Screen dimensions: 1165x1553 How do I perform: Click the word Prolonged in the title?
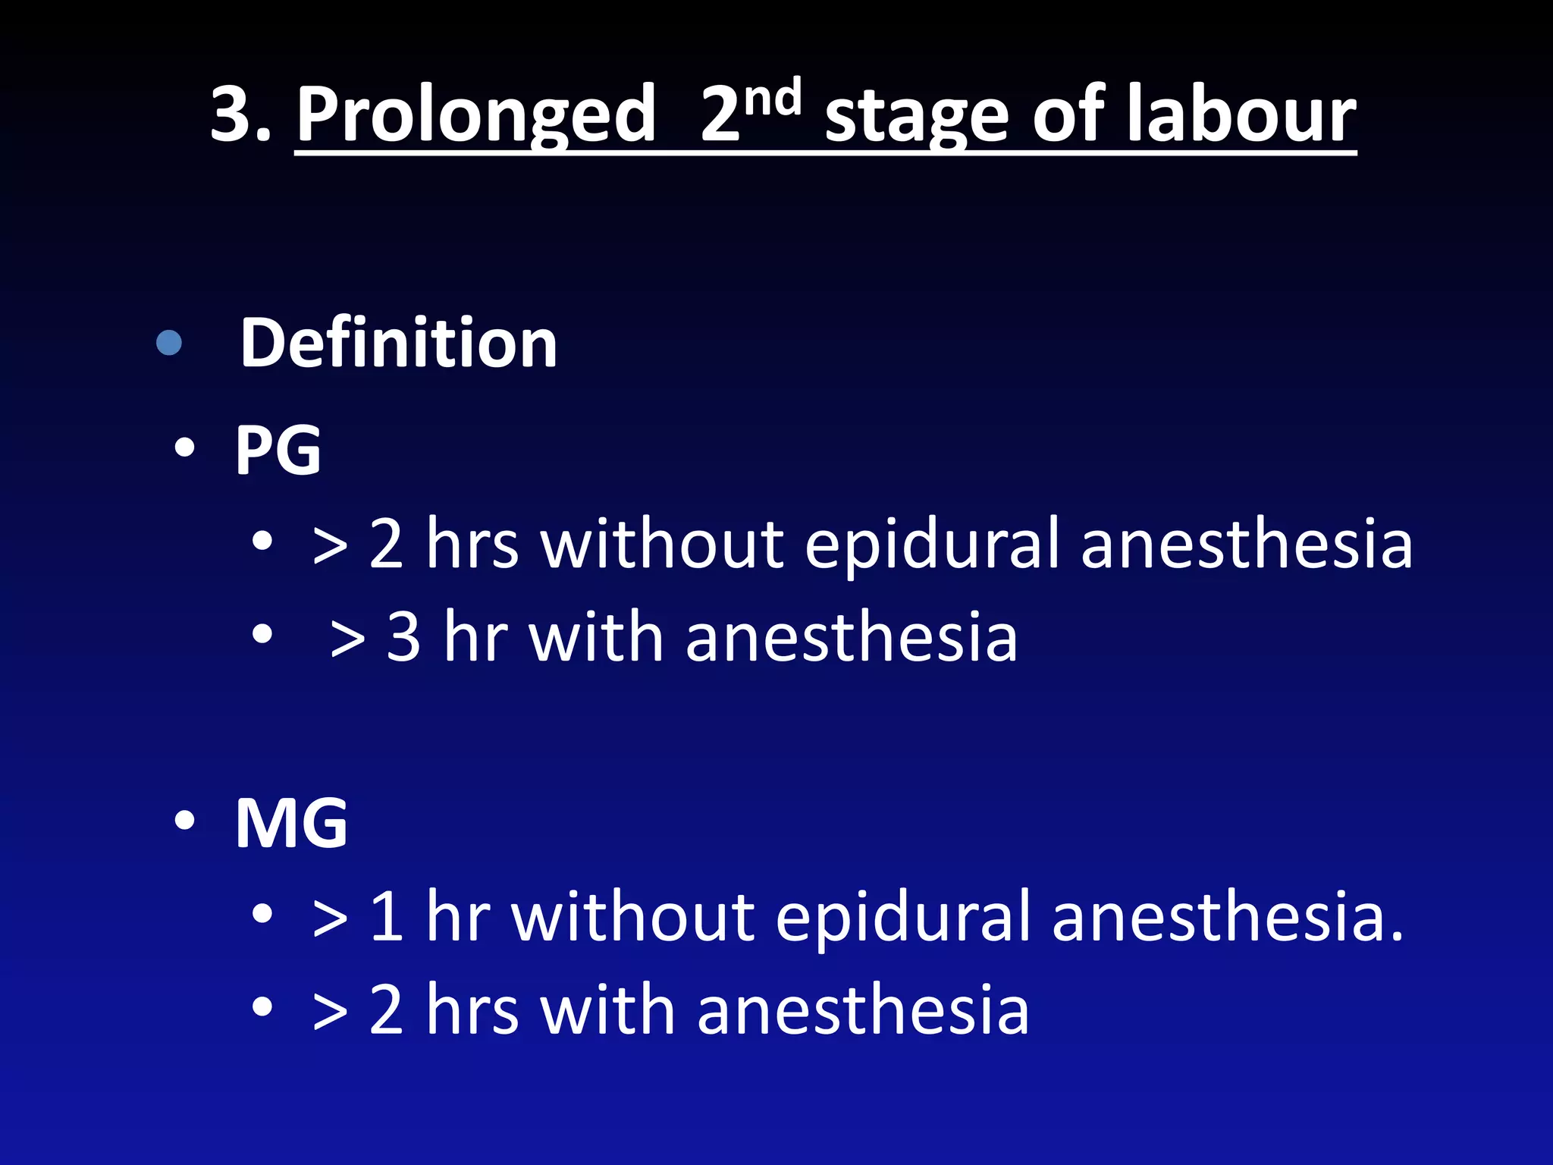coord(475,115)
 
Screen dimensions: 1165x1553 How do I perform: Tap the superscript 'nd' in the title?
coord(772,98)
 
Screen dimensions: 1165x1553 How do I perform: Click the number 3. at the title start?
coord(241,115)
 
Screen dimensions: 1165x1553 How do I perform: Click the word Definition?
coord(399,343)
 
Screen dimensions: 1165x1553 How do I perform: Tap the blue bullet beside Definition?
coord(169,343)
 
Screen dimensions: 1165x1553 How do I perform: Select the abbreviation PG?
coord(278,451)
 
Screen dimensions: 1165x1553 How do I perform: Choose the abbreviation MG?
coord(292,823)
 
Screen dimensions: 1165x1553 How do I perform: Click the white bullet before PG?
coord(184,448)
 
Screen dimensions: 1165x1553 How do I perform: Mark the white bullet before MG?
coord(184,821)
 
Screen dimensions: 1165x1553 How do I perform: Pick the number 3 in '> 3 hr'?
coord(403,637)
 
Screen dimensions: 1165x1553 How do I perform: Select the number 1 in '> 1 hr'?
coord(387,917)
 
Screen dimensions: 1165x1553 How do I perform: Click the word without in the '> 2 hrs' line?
coord(662,544)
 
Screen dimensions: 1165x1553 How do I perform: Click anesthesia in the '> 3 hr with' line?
coord(851,637)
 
